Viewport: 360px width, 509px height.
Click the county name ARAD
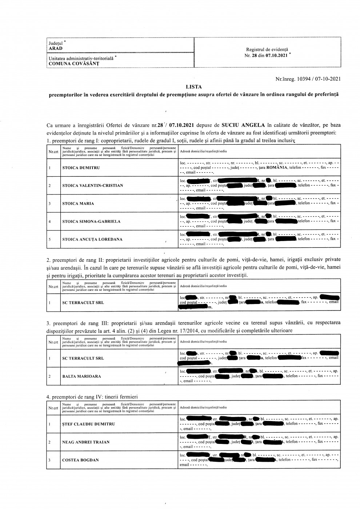56,48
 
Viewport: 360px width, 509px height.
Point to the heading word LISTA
193,87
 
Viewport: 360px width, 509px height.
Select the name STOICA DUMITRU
81,168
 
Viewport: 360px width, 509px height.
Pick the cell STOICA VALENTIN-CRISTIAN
92,186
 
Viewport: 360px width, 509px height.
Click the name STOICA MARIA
78,204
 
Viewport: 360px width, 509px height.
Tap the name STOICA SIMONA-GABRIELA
91,221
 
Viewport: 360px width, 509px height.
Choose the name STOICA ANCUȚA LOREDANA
92,240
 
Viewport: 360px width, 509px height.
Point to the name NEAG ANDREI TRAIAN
86,442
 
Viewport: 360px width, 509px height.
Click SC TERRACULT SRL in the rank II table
83,302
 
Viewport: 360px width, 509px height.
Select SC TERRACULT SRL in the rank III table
83,358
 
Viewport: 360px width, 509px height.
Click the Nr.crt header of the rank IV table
53,408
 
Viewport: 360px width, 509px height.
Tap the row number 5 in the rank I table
49,240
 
